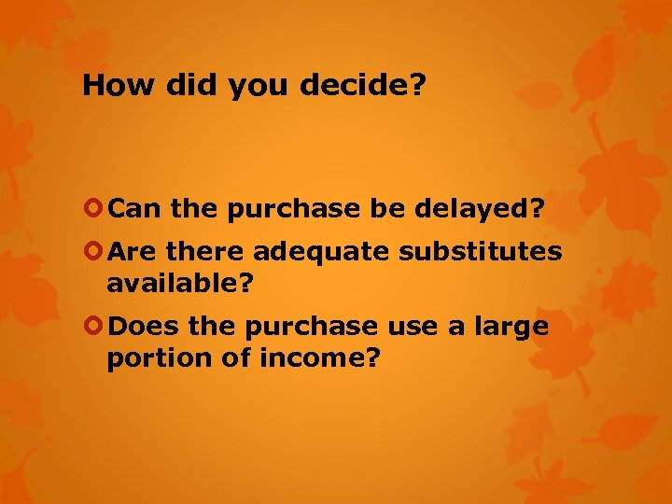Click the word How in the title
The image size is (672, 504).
116,86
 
